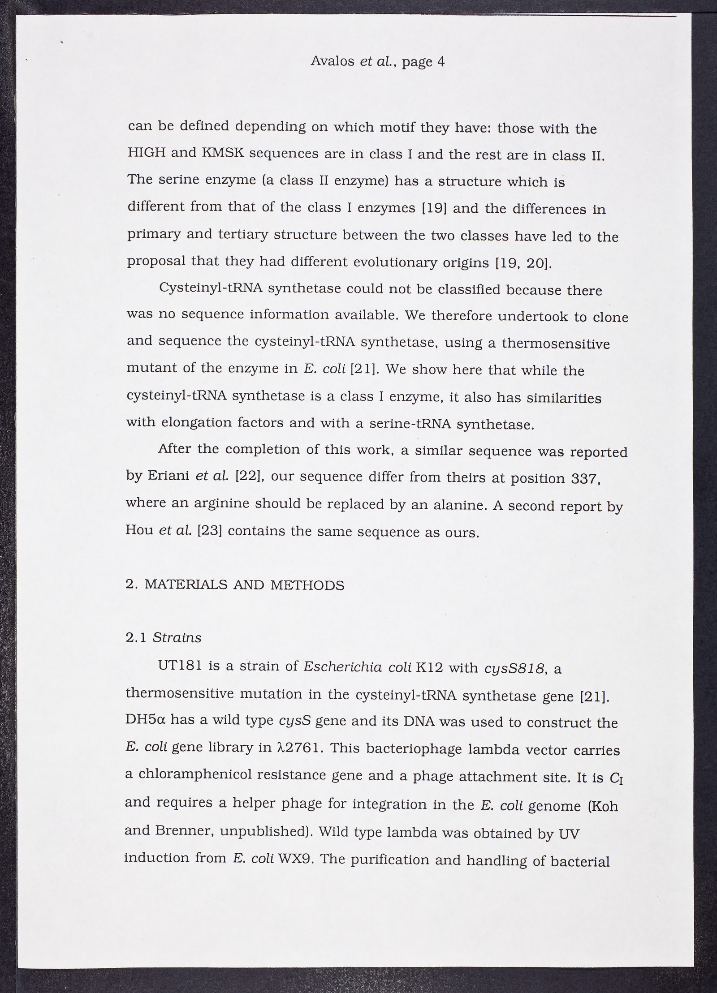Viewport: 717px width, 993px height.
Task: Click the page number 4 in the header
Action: pyautogui.click(x=440, y=61)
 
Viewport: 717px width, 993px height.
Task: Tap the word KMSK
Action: pyautogui.click(x=223, y=154)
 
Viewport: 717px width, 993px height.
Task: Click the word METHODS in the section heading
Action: pyautogui.click(x=307, y=585)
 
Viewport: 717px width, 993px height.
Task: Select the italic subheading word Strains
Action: pyautogui.click(x=177, y=638)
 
